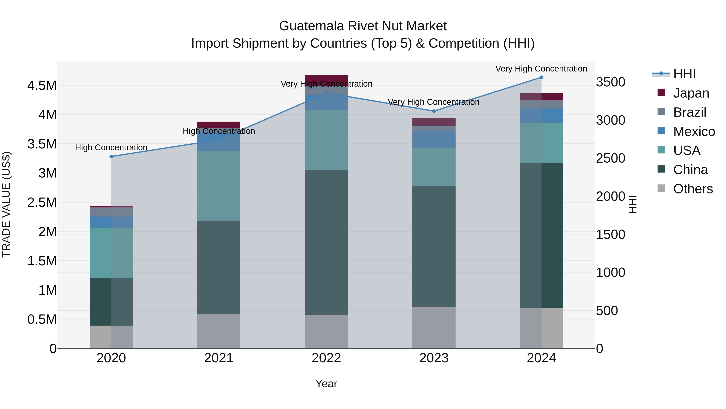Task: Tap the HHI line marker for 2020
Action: (111, 156)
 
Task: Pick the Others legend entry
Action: (693, 189)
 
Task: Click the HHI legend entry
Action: (684, 74)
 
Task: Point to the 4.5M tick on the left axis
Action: (42, 85)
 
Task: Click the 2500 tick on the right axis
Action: (610, 158)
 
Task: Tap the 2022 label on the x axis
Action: (326, 358)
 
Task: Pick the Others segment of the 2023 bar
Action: (434, 327)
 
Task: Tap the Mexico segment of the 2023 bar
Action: (434, 140)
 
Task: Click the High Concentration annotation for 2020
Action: (111, 147)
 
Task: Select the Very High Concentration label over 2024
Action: (541, 69)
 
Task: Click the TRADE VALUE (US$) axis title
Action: (6, 204)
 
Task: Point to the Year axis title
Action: (326, 384)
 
